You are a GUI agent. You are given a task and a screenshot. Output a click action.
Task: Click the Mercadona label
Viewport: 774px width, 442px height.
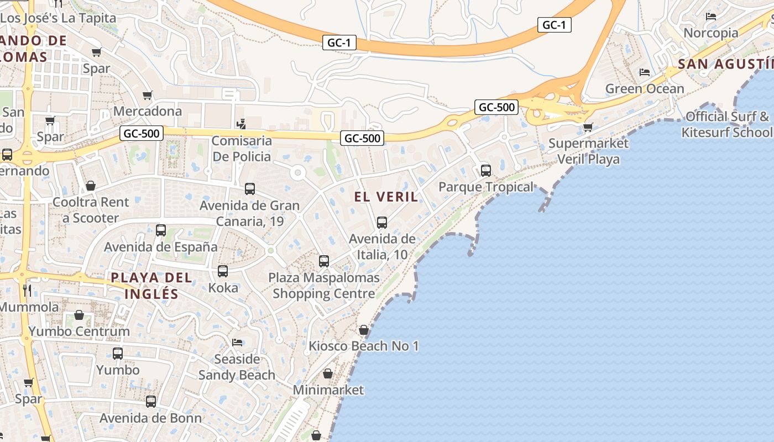(147, 111)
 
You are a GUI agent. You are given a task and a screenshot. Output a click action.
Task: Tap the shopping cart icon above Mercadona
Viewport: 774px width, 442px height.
(147, 96)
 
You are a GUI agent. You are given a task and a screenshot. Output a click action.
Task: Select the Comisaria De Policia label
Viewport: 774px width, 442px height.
(242, 149)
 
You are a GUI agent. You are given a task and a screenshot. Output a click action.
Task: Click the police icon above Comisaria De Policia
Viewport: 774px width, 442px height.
(240, 124)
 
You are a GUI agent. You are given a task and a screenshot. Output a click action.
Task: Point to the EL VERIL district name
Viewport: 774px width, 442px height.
(386, 197)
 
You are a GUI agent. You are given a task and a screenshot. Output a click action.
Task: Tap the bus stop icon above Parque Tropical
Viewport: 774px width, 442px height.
(485, 171)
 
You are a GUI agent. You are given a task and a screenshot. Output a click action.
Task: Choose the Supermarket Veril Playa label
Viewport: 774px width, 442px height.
(588, 151)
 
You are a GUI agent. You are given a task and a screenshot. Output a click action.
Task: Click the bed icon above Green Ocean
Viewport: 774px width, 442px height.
(644, 72)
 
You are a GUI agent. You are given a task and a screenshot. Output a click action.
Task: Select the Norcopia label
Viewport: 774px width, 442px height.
(711, 33)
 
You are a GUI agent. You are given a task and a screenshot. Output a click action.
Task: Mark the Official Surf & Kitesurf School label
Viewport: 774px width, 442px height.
(727, 124)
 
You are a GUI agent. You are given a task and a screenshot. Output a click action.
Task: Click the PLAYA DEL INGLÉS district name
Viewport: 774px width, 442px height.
(151, 286)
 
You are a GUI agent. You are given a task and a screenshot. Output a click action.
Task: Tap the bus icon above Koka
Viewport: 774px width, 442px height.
(223, 271)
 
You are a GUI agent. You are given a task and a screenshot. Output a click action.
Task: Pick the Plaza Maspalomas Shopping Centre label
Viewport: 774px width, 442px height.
(324, 286)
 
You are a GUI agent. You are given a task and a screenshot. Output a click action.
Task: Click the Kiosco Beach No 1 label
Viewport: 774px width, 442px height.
(363, 346)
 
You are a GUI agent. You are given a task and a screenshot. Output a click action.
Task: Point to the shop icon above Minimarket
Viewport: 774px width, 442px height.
(328, 374)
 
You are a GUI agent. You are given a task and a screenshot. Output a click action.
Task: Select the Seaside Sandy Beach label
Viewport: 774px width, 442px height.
(237, 367)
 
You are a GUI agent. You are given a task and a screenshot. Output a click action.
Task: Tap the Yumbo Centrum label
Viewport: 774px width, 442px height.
(79, 331)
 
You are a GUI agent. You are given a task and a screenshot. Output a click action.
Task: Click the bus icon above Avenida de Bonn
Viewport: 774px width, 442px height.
(150, 402)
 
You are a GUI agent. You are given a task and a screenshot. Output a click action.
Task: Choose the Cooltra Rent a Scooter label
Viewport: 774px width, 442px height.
(90, 210)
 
